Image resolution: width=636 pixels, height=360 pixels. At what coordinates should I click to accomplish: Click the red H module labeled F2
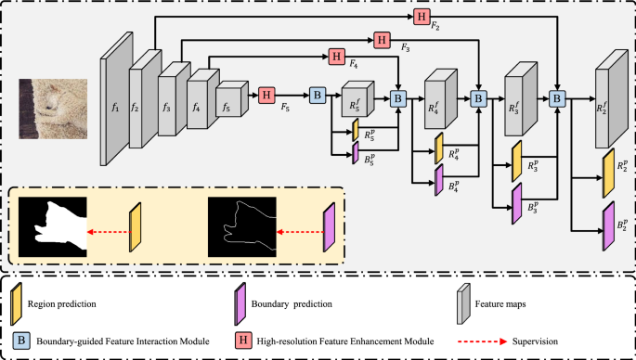tap(422, 17)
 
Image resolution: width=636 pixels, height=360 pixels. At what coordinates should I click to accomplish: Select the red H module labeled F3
tap(382, 40)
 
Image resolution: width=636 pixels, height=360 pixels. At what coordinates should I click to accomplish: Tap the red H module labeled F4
tap(337, 57)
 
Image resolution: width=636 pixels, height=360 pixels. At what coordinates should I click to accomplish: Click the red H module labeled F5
tap(266, 96)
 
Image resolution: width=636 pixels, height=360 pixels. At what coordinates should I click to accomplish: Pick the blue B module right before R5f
tap(318, 96)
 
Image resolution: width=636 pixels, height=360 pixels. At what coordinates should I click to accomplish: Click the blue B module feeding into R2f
tap(557, 98)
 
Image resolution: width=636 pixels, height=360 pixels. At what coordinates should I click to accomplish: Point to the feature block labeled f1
tap(116, 99)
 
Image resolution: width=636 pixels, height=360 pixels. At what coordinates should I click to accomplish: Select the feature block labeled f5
tap(231, 99)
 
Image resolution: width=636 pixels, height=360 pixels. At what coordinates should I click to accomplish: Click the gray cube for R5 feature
tap(357, 98)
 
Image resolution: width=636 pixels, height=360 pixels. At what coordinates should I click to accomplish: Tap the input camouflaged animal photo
tap(53, 109)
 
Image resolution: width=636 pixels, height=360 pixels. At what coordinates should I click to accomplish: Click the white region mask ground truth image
tap(53, 227)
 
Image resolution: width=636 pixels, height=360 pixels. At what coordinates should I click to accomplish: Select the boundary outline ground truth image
tap(242, 227)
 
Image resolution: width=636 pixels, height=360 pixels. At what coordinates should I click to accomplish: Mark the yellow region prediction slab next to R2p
tap(609, 174)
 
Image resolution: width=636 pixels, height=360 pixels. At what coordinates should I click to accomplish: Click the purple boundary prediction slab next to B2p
tap(609, 226)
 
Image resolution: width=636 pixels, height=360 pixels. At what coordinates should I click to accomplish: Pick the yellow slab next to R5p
tap(356, 130)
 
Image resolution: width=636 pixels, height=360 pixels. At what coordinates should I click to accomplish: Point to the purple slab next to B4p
tap(439, 180)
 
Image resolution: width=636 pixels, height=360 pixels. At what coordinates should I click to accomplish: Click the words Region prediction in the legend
tap(61, 303)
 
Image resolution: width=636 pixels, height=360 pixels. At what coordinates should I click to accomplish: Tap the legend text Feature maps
tap(500, 303)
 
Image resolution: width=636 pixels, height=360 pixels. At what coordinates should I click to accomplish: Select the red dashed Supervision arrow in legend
tap(482, 341)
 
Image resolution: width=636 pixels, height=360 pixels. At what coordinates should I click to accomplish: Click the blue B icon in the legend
tap(20, 341)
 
